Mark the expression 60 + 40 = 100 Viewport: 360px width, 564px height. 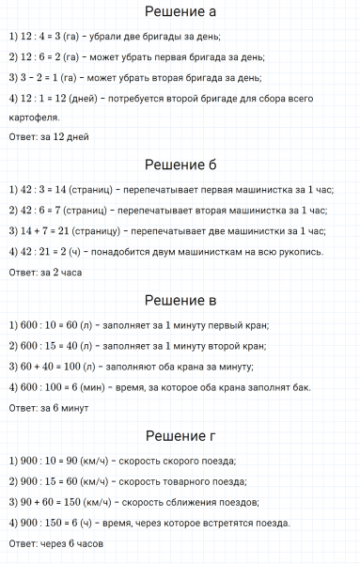point(51,367)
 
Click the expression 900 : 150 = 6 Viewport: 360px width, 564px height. point(51,523)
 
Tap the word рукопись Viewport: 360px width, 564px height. point(325,251)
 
